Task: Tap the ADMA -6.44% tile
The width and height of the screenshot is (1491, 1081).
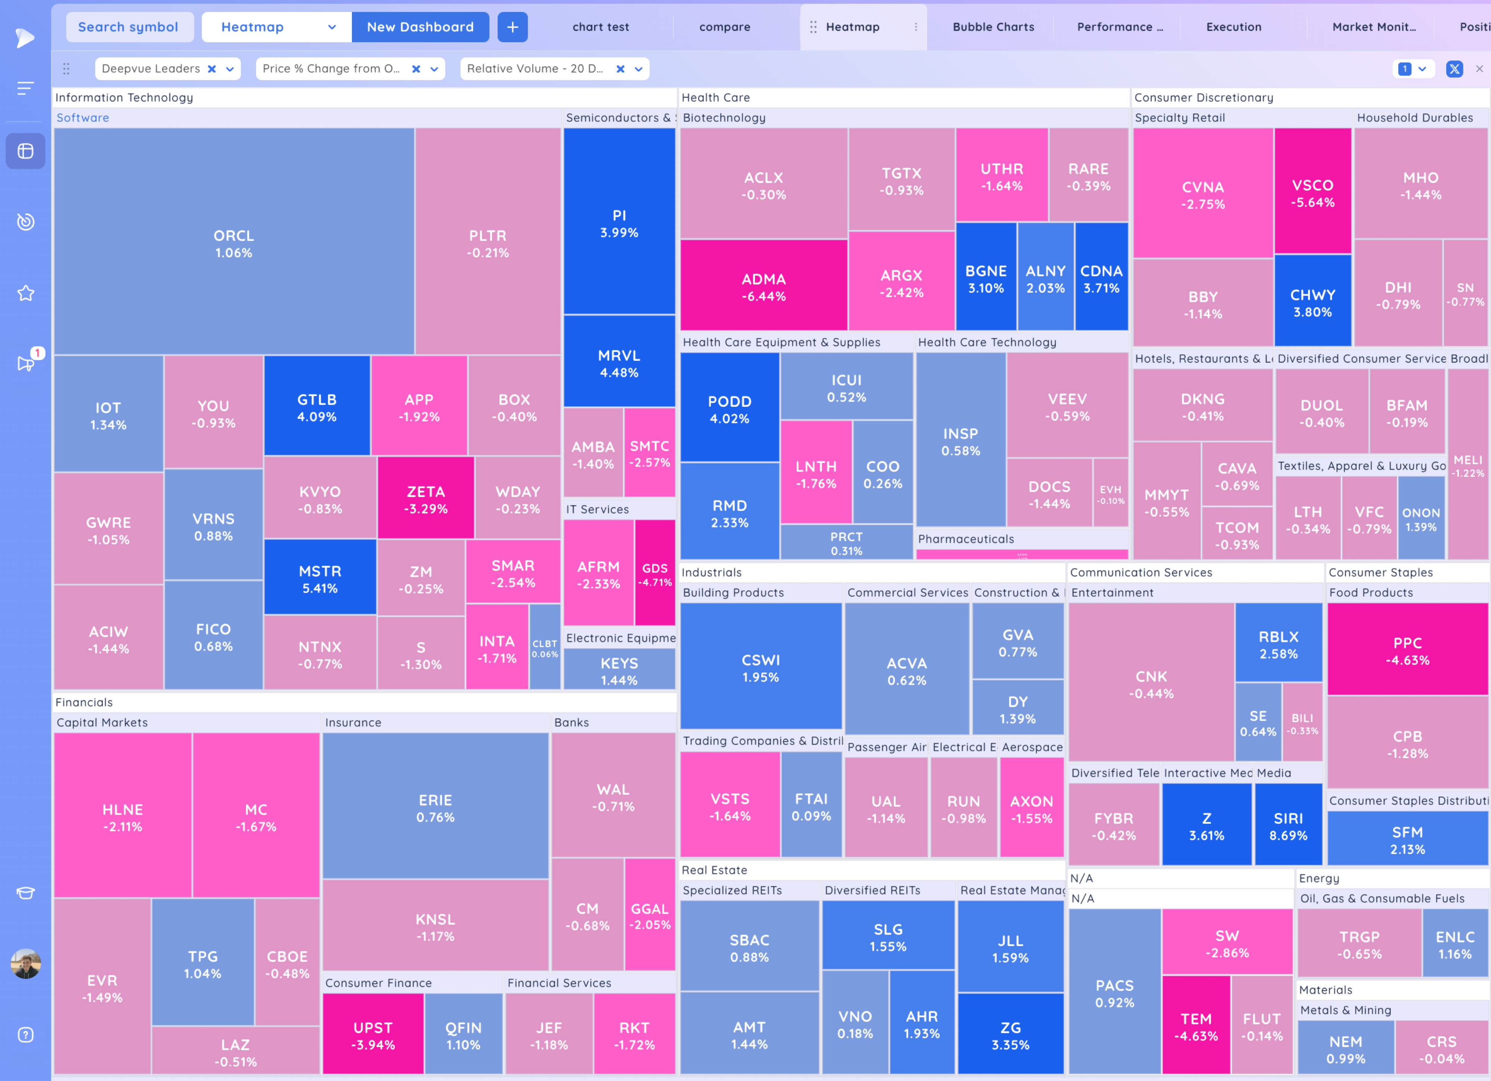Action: (x=763, y=287)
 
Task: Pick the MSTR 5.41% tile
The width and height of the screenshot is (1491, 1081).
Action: (x=319, y=579)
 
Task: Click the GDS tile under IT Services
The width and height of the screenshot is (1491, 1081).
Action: (x=655, y=573)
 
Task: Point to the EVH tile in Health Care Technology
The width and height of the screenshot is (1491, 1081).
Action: (x=1110, y=494)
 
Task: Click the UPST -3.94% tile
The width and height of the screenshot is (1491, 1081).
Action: (x=373, y=1035)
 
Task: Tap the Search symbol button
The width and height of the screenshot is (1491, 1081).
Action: (x=128, y=27)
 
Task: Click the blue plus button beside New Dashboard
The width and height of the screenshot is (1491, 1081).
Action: (x=512, y=27)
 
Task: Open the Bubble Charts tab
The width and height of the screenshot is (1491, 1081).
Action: (x=993, y=27)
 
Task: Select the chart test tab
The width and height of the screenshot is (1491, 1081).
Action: (x=600, y=27)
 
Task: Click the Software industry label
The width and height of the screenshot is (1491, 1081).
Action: (x=83, y=118)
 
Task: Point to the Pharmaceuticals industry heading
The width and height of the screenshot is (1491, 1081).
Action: (x=966, y=539)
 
